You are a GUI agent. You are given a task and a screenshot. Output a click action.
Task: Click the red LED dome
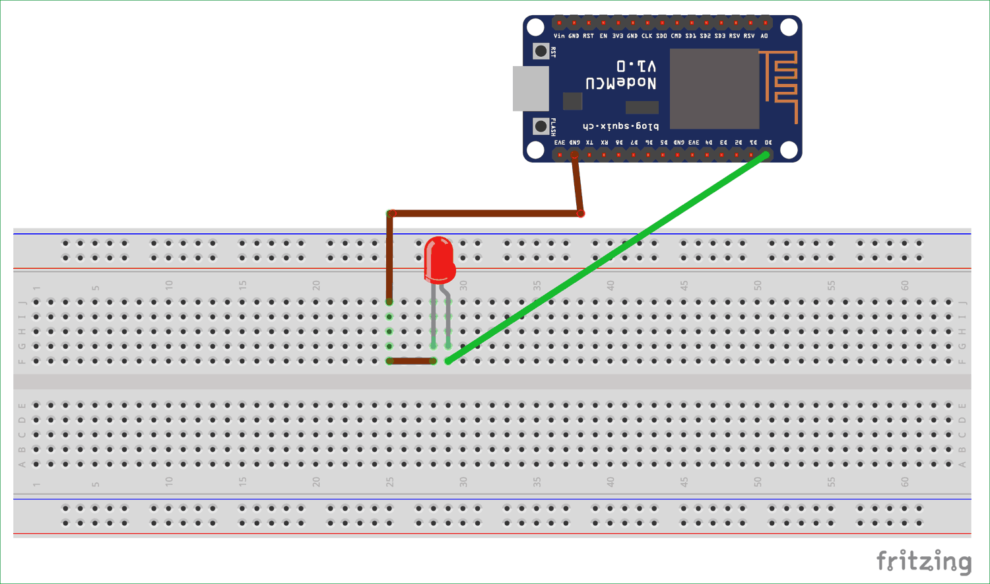[439, 259]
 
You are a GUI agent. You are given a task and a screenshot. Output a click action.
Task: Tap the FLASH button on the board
[541, 126]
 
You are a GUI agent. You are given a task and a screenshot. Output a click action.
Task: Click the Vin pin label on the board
[559, 36]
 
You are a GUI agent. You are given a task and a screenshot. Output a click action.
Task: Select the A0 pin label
[764, 36]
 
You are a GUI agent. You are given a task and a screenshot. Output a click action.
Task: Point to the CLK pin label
[647, 36]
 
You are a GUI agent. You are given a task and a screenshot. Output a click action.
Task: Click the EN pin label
[603, 36]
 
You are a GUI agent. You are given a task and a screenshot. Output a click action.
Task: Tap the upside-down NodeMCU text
[620, 83]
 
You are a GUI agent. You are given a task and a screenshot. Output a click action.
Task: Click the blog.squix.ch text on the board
[620, 126]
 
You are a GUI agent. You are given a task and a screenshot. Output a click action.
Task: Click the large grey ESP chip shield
[714, 89]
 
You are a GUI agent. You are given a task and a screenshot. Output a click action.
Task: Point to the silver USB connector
[531, 89]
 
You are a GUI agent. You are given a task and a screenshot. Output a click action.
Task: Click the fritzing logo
[923, 562]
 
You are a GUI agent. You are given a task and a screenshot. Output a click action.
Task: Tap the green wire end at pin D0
[766, 155]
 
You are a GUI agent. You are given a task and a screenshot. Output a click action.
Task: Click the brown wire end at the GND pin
[575, 155]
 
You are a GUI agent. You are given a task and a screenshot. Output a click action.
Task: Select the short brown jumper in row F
[412, 361]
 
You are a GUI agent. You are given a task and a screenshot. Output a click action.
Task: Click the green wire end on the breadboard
[449, 361]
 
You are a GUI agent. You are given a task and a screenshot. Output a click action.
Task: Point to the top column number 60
[905, 285]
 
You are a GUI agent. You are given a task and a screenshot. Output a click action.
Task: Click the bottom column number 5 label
[96, 484]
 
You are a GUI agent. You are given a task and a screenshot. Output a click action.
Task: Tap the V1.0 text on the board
[636, 66]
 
